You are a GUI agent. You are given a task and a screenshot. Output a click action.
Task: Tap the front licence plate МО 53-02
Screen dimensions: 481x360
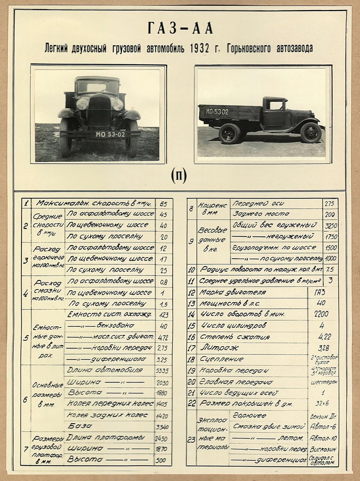[x=110, y=135]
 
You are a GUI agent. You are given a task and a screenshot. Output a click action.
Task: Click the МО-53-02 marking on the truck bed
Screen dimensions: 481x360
[x=217, y=112]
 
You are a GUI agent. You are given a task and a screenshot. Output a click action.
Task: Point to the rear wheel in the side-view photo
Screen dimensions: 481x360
[x=229, y=134]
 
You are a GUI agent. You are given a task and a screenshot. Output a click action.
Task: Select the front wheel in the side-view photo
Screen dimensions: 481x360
[x=311, y=133]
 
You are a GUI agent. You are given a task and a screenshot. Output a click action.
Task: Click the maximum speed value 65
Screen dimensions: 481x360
[x=163, y=204]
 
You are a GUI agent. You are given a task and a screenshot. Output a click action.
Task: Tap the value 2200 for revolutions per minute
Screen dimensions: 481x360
[x=321, y=314]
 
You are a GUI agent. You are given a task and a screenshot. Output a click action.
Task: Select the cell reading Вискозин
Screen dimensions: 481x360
[x=323, y=449]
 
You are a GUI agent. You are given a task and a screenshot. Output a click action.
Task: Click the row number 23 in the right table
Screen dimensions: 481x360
[x=191, y=440]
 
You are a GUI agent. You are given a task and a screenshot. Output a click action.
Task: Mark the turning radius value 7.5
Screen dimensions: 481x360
[x=329, y=269]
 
